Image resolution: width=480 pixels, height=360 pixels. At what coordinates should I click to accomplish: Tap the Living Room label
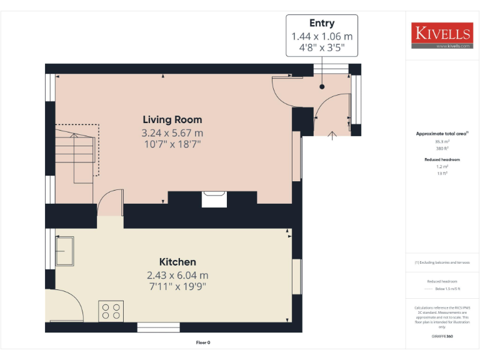(x=172, y=119)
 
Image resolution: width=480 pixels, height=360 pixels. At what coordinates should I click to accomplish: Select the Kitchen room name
(x=177, y=262)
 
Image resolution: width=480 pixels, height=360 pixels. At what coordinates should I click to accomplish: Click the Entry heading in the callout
(x=322, y=23)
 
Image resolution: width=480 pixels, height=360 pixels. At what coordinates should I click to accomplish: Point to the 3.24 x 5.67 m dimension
(x=172, y=132)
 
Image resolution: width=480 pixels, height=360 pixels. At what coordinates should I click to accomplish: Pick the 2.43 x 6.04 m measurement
(x=177, y=275)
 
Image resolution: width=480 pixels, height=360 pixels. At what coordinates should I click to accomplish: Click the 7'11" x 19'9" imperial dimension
(x=177, y=287)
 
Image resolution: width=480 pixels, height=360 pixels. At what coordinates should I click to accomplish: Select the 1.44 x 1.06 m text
(x=322, y=36)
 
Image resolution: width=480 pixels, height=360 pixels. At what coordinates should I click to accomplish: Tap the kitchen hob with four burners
(x=111, y=311)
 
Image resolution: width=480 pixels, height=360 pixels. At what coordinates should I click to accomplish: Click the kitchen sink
(x=64, y=251)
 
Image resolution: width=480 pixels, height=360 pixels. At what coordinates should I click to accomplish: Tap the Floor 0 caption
(x=203, y=342)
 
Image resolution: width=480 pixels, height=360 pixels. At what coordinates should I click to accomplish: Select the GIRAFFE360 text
(x=442, y=337)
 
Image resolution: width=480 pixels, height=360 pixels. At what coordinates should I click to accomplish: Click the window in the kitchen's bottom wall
(x=158, y=326)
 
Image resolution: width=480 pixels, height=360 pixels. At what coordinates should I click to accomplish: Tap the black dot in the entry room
(x=322, y=87)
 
